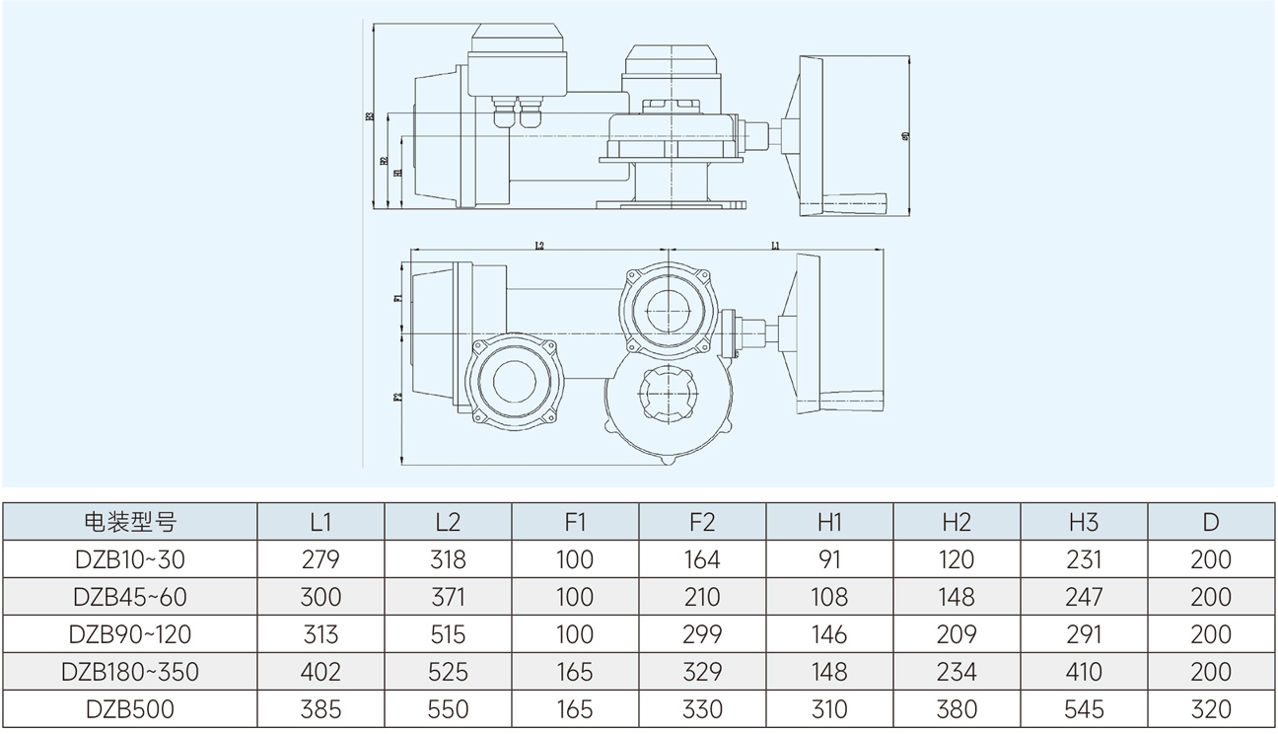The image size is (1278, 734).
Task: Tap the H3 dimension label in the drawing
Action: pos(370,116)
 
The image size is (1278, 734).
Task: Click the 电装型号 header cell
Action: pos(129,522)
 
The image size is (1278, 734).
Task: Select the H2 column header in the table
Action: pos(957,522)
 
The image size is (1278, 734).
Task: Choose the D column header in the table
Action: pos(1211,522)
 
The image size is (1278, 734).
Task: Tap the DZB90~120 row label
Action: pos(129,634)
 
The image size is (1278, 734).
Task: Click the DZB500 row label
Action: pos(129,709)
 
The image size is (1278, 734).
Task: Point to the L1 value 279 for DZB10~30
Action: pos(319,559)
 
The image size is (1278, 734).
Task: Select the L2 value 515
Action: pos(448,634)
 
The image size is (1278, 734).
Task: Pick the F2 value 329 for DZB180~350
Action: pos(702,672)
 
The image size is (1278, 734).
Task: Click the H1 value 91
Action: pos(829,559)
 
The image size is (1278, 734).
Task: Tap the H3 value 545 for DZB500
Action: pos(1084,709)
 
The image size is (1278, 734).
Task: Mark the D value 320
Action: pos(1211,709)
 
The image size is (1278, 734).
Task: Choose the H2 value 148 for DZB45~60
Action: pos(957,597)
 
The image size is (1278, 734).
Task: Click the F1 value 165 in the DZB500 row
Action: pos(575,709)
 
